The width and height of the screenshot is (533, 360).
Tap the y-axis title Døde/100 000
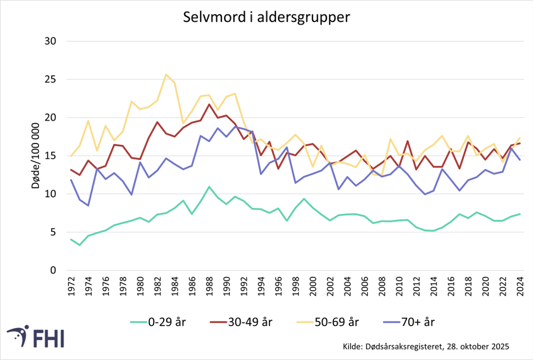tap(37, 156)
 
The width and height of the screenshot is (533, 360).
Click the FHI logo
tap(36, 336)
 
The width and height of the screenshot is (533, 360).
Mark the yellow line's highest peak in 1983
tap(166, 75)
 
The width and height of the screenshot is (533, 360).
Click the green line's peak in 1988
tap(209, 187)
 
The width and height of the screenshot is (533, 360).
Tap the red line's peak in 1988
tap(209, 104)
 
